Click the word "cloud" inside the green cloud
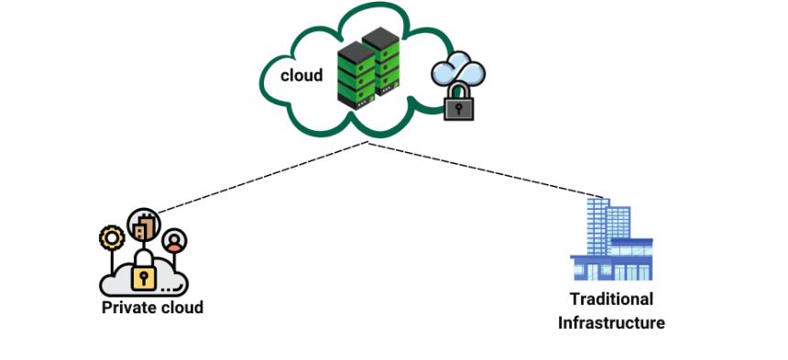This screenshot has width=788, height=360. pyautogui.click(x=301, y=75)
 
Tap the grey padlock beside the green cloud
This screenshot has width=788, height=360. pyautogui.click(x=458, y=105)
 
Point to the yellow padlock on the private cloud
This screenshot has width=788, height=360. pyautogui.click(x=143, y=274)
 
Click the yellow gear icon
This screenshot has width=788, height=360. pyautogui.click(x=112, y=238)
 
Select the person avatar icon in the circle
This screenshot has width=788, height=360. pyautogui.click(x=174, y=241)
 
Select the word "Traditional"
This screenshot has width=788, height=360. pyautogui.click(x=611, y=300)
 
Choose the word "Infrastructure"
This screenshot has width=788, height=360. pyautogui.click(x=611, y=322)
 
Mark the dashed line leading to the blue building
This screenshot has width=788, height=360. pyautogui.click(x=486, y=169)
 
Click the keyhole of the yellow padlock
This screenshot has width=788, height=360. pyautogui.click(x=143, y=277)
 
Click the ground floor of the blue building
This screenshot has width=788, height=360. pyautogui.click(x=611, y=271)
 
